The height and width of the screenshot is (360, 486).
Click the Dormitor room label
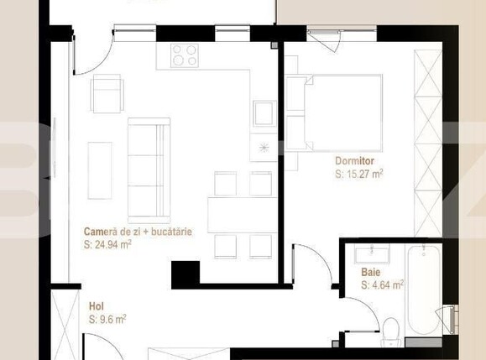pyautogui.click(x=354, y=160)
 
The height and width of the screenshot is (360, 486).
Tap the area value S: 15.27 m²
pyautogui.click(x=359, y=175)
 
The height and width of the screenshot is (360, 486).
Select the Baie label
pyautogui.click(x=370, y=272)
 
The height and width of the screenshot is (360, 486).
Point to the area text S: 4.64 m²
pyautogui.click(x=383, y=285)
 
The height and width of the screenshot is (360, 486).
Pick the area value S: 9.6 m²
pyautogui.click(x=107, y=319)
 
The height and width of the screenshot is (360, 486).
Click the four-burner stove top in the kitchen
pyautogui.click(x=185, y=55)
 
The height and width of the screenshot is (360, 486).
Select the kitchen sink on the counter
pyautogui.click(x=264, y=112)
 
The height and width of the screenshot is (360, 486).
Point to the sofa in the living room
pyautogui.click(x=149, y=164)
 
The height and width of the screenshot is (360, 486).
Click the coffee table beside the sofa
pyautogui.click(x=100, y=164)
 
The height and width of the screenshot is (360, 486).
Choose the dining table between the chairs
pyautogui.click(x=243, y=212)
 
